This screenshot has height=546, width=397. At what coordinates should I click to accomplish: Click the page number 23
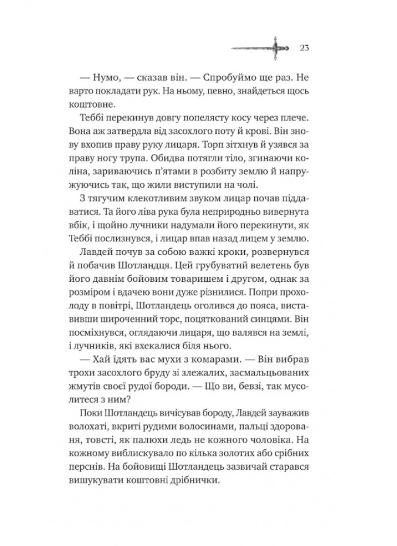305,46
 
